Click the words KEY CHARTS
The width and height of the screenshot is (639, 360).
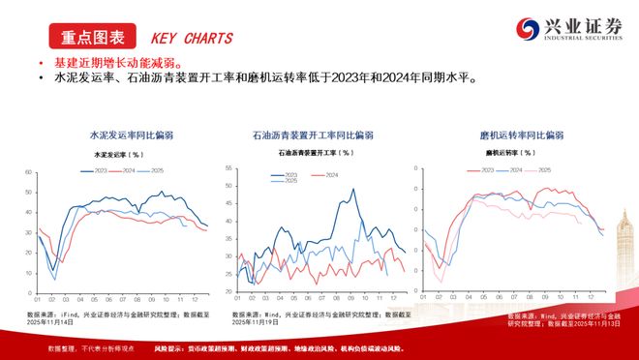[192, 39]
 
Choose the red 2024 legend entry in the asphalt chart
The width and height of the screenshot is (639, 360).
[327, 174]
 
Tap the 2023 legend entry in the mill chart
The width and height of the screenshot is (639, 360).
[481, 169]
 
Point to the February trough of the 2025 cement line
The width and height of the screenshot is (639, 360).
[55, 280]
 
